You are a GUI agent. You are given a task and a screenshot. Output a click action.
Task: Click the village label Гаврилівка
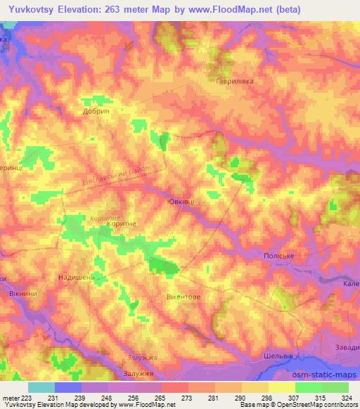[x=234, y=81]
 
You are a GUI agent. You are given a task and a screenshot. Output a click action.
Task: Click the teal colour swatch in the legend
[x=41, y=387]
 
